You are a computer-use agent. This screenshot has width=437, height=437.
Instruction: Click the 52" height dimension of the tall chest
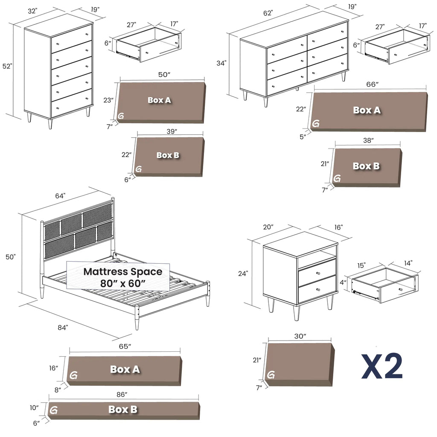pos(7,66)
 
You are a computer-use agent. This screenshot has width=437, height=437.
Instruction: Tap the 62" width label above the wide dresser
pos(268,13)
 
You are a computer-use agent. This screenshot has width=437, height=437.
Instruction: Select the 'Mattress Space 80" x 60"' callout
pos(118,276)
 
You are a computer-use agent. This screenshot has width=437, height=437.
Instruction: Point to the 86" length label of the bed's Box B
pos(122,394)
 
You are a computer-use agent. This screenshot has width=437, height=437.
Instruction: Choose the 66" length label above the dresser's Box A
pos(372,84)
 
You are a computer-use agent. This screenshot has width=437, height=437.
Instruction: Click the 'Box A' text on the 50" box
pos(159,100)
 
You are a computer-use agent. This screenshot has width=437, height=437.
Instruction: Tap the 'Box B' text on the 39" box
pos(168,155)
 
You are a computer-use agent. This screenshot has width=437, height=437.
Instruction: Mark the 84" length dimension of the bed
pos(63,327)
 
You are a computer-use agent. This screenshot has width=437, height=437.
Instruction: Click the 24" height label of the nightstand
pos(243,274)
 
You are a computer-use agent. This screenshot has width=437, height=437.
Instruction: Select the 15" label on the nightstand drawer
pos(361,265)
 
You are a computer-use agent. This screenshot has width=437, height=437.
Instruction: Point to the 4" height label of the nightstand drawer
pos(343,283)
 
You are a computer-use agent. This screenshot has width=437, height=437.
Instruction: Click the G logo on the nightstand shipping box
pos(271,375)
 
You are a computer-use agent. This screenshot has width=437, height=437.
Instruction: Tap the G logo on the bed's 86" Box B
pos(53,410)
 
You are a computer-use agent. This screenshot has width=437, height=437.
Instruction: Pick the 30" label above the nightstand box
pos(300,336)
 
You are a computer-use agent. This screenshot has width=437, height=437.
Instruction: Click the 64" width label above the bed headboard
pos(60,196)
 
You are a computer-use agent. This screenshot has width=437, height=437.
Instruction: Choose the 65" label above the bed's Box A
pos(125,346)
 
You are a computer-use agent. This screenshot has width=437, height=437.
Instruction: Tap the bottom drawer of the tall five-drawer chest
pos(72,103)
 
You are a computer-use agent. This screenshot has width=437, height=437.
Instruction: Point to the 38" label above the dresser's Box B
pos(368,140)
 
